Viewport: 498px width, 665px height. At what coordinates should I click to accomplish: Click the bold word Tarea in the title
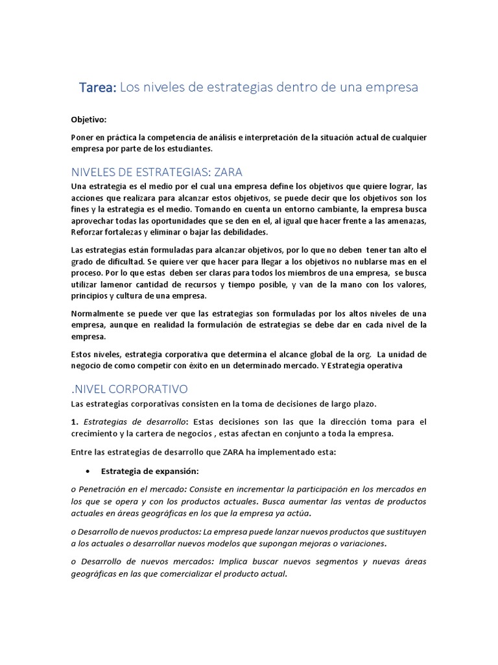click(x=97, y=87)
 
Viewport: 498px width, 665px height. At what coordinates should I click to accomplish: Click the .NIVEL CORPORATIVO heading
click(x=129, y=389)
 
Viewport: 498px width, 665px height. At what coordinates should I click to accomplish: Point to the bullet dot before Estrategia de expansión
click(x=87, y=470)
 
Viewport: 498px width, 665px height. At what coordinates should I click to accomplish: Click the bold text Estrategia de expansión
click(x=150, y=470)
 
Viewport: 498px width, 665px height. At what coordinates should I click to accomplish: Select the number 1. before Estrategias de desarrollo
click(x=75, y=422)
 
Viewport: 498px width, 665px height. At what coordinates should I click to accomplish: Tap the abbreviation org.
click(x=361, y=354)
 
